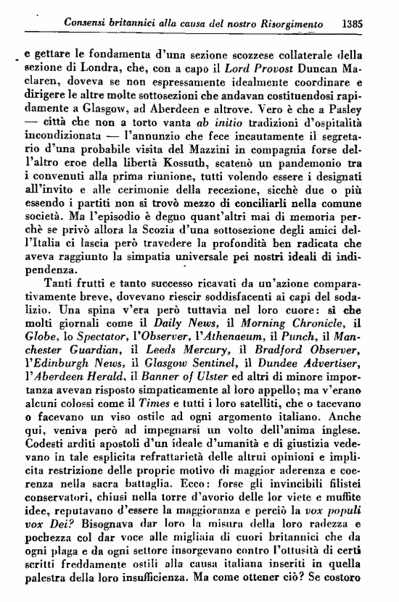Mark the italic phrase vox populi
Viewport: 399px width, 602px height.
[352, 546]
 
